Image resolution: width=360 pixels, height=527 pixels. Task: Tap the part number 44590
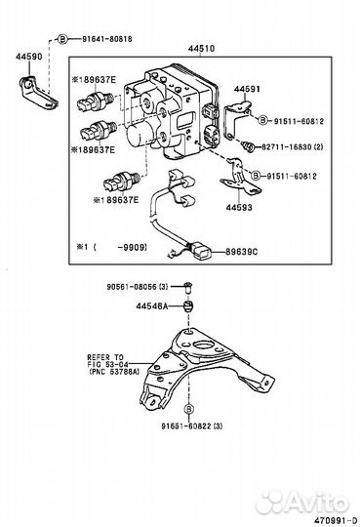28,58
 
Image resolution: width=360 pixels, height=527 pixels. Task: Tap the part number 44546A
153,305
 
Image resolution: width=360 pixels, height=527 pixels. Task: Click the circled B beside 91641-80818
62,38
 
